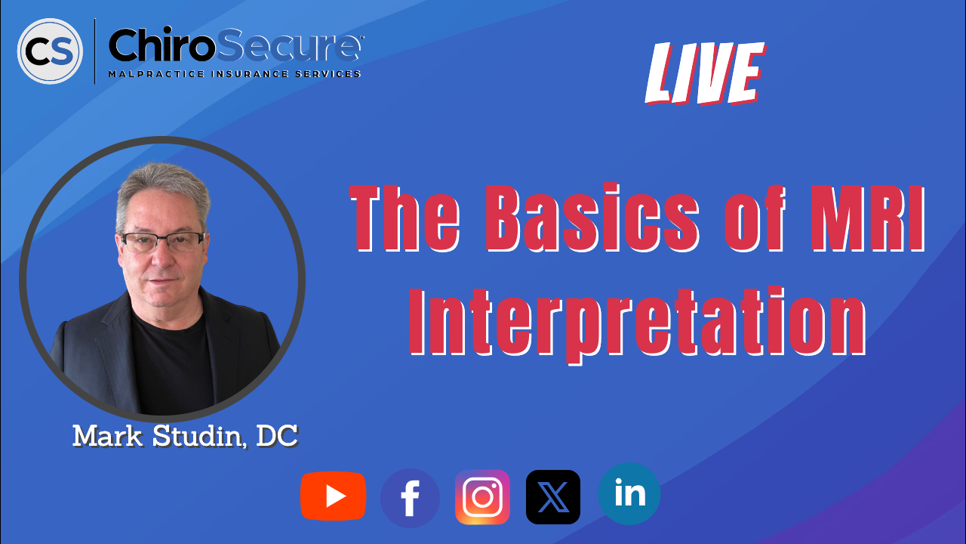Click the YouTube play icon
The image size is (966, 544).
point(334,496)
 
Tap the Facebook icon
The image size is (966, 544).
point(410,498)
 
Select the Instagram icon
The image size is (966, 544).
point(482,497)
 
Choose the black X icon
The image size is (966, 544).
point(553,497)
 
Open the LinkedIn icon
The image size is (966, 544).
point(629,494)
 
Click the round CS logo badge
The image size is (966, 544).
point(50,51)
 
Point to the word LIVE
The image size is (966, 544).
point(705,73)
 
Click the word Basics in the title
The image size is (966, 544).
point(592,218)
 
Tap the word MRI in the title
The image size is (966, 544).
point(868,218)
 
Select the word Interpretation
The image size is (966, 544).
point(638,323)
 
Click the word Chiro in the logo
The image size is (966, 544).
point(162,45)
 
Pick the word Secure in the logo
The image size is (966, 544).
point(289,45)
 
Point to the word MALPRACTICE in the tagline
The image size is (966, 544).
point(156,74)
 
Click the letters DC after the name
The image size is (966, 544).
point(277,436)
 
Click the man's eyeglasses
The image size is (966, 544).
point(163,243)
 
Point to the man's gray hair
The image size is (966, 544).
point(163,190)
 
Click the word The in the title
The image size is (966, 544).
point(404,218)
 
